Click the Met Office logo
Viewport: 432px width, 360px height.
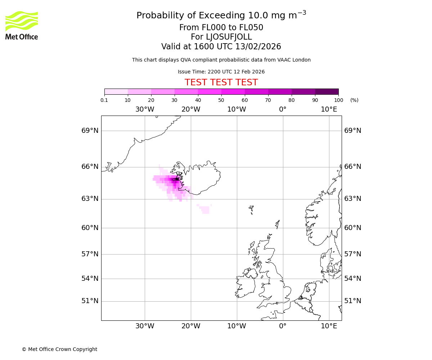22,25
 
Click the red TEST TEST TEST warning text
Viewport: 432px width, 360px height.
221,82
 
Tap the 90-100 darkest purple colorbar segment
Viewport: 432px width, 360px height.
327,91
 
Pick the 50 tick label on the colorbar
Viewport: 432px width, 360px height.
221,100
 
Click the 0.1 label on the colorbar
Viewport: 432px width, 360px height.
104,100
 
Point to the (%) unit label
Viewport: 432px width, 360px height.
354,100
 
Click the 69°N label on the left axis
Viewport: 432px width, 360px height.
90,130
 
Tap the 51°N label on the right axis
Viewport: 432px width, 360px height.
353,301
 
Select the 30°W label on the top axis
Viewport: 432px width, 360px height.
145,109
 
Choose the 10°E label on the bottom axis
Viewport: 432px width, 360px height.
329,326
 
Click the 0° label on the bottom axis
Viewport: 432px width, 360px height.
283,326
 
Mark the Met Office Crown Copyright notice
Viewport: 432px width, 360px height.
59,349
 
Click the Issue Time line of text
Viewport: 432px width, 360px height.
221,72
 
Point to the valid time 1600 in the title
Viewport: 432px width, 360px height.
203,47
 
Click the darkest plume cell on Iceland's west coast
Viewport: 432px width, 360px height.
177,179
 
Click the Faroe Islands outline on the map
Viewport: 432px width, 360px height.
251,209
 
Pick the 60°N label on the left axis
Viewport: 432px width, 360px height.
90,228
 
